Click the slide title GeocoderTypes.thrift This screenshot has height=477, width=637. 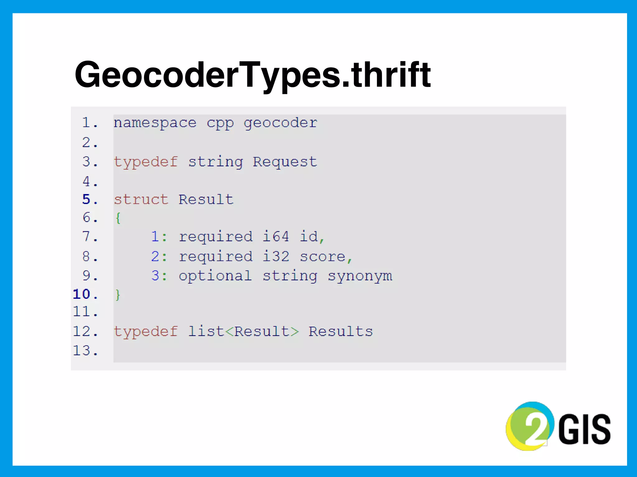coord(253,75)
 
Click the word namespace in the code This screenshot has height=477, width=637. coord(155,123)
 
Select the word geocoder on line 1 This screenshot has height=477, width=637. coord(280,123)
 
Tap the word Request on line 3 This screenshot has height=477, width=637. coord(285,162)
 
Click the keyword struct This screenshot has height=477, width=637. coord(141,200)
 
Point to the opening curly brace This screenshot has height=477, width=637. coord(118,218)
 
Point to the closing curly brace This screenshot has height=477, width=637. coord(118,294)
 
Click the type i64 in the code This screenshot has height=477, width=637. coord(276,237)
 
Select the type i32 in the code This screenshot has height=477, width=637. coord(276,257)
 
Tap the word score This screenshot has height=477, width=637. coord(323,257)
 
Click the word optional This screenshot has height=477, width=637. coord(215,276)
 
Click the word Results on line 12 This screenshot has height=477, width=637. coord(341,332)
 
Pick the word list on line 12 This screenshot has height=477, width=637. coord(206,331)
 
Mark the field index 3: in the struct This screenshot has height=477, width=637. coord(159,276)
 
